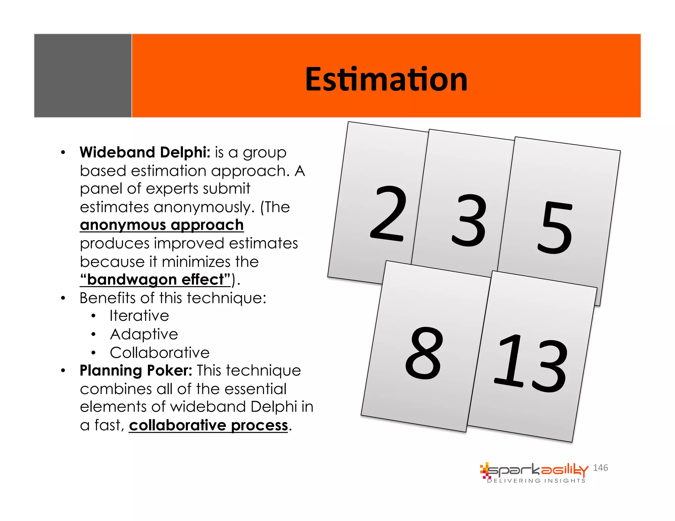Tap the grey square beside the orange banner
pyautogui.click(x=83, y=75)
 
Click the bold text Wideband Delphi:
pyautogui.click(x=145, y=152)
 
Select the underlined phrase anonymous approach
pyautogui.click(x=162, y=225)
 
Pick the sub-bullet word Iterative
pyautogui.click(x=139, y=316)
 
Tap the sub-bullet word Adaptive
pyautogui.click(x=144, y=334)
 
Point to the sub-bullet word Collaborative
pyautogui.click(x=160, y=353)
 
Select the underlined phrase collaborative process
pyautogui.click(x=209, y=425)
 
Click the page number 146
pyautogui.click(x=600, y=468)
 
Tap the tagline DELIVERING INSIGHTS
pyautogui.click(x=536, y=481)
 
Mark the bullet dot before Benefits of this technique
pyautogui.click(x=63, y=298)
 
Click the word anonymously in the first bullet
pyautogui.click(x=204, y=207)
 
